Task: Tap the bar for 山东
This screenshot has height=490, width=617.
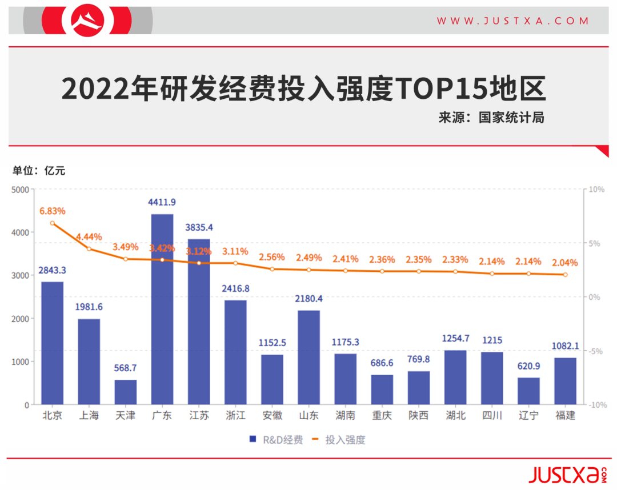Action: coord(308,357)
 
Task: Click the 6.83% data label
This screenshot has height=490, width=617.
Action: coord(52,211)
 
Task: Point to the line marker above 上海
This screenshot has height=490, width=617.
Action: coord(89,249)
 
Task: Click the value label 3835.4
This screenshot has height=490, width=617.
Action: coord(198,227)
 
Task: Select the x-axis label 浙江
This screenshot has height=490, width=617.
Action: coord(235,416)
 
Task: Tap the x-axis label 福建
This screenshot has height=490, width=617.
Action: coord(565,416)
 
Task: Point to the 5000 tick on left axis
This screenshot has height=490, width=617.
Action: coord(21,190)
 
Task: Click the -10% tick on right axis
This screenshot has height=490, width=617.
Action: coord(596,405)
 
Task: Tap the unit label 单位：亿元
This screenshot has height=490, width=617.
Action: coord(39,170)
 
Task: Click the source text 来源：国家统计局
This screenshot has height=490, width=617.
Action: coord(491,118)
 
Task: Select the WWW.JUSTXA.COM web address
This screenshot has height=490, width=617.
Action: coord(512,21)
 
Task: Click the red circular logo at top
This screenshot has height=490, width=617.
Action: coord(88,20)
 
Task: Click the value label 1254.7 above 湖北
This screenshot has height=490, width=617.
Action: coord(455,339)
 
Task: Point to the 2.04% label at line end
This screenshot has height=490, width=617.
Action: coord(565,263)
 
